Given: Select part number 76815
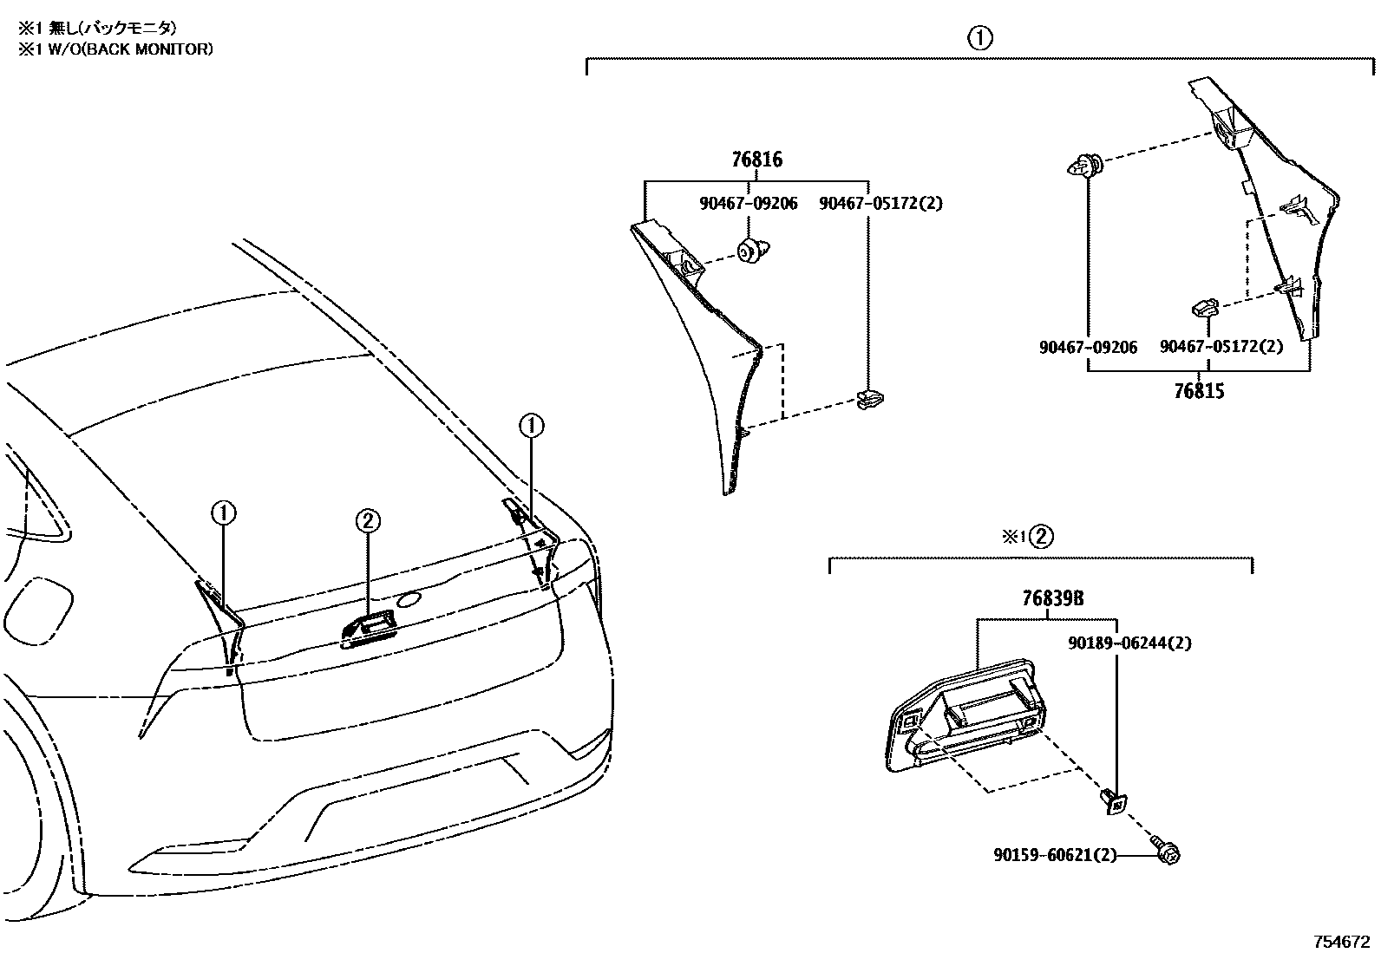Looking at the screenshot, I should point(1199,391).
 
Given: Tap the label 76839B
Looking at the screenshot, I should point(1051,599).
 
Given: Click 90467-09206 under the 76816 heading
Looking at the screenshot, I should point(748,204).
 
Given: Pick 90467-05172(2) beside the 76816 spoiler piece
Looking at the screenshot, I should point(880,204).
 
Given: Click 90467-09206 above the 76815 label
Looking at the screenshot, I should point(1088,347).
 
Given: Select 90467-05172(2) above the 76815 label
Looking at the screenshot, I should point(1221,347).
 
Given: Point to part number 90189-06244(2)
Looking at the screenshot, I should point(1129,643).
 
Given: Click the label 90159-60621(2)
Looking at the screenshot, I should point(1055,855).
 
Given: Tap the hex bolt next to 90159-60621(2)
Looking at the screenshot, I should point(1167,852).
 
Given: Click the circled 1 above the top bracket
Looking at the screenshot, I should point(980,38).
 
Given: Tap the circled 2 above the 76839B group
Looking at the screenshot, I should point(1042,536).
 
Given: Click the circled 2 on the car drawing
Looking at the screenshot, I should point(367,520).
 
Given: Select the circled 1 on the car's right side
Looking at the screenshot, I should point(531,426).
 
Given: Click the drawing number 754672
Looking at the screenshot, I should point(1339,940).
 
